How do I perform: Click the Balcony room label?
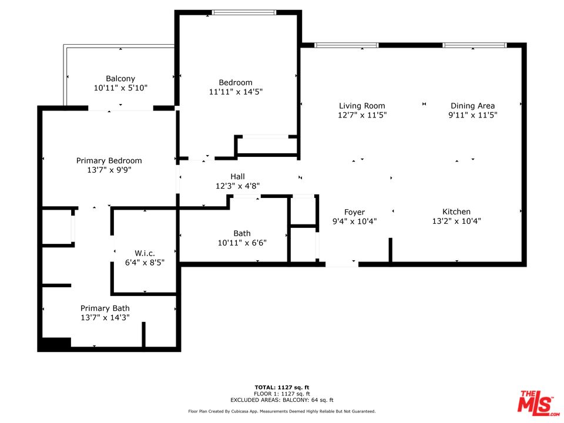pyautogui.click(x=120, y=78)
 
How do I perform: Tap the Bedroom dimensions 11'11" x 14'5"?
pyautogui.click(x=236, y=92)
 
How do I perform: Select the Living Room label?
pyautogui.click(x=362, y=106)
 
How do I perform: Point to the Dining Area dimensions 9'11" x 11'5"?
pyautogui.click(x=472, y=115)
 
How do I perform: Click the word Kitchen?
pyautogui.click(x=456, y=211)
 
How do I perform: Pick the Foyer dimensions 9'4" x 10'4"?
pyautogui.click(x=354, y=221)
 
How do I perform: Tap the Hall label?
pyautogui.click(x=237, y=176)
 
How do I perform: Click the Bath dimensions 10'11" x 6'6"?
pyautogui.click(x=242, y=243)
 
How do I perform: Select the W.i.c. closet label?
pyautogui.click(x=145, y=253)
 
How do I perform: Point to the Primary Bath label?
pyautogui.click(x=105, y=308)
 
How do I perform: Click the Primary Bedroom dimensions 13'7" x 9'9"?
pyautogui.click(x=109, y=170)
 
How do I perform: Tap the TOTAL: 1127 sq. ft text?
pyautogui.click(x=282, y=387)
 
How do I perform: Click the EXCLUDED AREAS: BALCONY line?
pyautogui.click(x=282, y=400)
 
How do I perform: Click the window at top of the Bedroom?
pyautogui.click(x=244, y=12)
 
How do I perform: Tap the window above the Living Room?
pyautogui.click(x=347, y=45)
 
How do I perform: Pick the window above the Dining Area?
pyautogui.click(x=475, y=45)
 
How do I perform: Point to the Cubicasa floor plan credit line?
pyautogui.click(x=282, y=411)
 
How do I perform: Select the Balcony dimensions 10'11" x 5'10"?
pyautogui.click(x=120, y=88)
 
